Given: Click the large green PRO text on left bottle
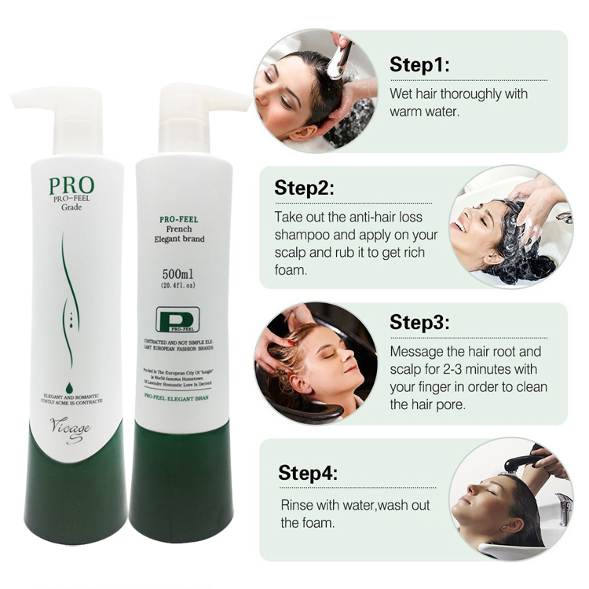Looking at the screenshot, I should pos(71,185).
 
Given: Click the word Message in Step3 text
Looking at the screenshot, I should pos(417,352).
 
